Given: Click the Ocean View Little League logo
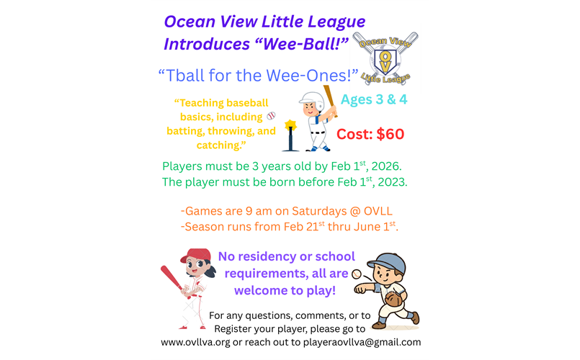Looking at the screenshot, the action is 385,58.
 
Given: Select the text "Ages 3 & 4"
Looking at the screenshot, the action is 374,99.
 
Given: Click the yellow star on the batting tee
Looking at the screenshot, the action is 290,125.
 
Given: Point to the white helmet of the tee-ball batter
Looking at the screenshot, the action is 311,99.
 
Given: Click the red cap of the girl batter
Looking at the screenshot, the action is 195,255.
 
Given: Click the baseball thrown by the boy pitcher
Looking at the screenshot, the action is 357,274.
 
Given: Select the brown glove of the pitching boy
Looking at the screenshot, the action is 394,297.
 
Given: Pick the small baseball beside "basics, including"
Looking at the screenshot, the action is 271,116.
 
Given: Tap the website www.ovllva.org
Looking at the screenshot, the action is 195,343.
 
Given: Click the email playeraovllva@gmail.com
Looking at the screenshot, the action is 362,343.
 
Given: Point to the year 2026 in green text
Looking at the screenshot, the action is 385,166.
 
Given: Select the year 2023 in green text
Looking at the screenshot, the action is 392,182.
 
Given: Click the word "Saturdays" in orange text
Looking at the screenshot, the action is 319,211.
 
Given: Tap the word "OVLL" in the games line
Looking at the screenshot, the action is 378,211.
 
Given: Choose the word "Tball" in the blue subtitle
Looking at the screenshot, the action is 185,76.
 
